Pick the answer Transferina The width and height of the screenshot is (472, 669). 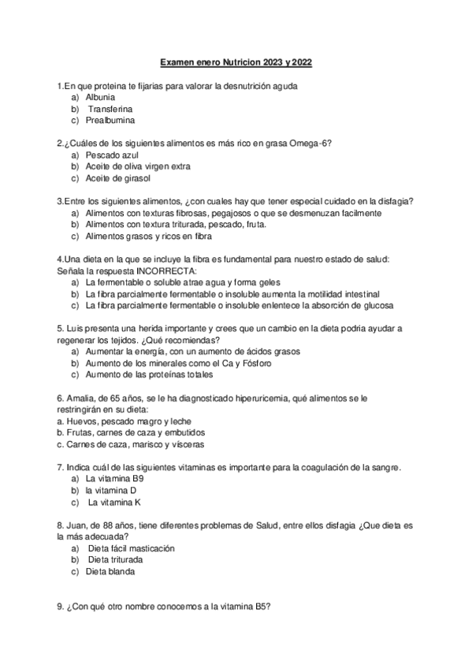click(110, 109)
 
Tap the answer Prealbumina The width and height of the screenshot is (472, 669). click(110, 121)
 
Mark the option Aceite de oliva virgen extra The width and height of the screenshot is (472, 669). click(138, 167)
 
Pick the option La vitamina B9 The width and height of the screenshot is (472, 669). click(116, 479)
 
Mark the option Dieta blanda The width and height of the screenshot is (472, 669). click(110, 571)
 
